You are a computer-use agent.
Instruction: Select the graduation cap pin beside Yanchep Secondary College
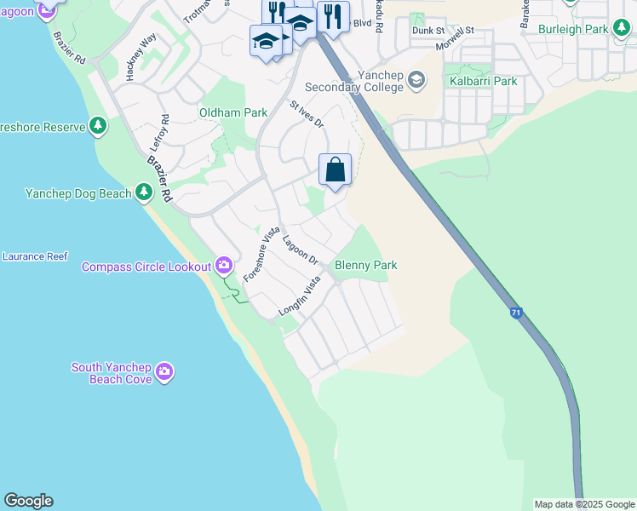point(416,81)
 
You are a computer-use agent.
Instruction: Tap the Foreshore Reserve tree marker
point(99,127)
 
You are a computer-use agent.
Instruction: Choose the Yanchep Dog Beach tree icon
point(144,193)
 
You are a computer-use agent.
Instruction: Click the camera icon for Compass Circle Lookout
point(223,267)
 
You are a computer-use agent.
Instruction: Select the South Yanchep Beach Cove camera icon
point(164,372)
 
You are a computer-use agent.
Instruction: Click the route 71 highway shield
point(517,313)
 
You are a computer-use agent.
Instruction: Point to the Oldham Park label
point(233,112)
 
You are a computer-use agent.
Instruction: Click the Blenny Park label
point(366,266)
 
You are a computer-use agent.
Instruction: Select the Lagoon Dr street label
point(300,249)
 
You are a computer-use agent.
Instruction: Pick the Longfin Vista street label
point(299,300)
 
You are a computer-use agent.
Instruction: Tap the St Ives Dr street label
point(307,115)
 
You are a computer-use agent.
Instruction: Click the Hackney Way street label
point(141,57)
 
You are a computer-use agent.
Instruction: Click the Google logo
point(28,501)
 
